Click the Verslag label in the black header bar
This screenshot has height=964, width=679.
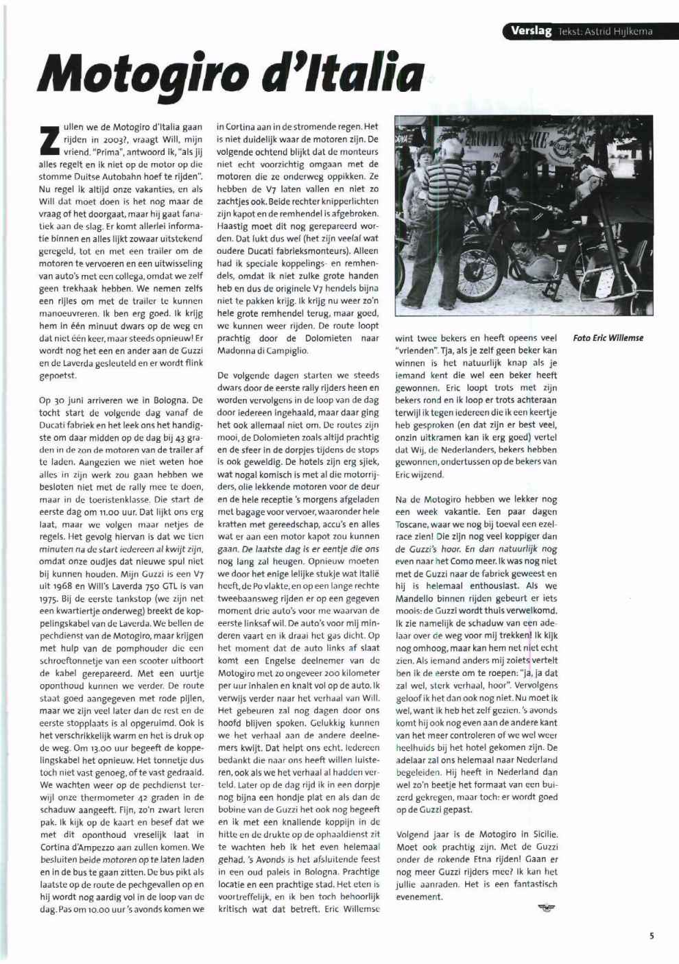coord(531,31)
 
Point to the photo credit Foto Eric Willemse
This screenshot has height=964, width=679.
coord(608,338)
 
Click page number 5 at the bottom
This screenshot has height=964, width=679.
coord(652,936)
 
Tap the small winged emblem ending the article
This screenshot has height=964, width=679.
coord(547,908)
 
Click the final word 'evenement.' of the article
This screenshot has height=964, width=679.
coord(419,896)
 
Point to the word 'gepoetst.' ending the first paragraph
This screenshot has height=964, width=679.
coord(58,376)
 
